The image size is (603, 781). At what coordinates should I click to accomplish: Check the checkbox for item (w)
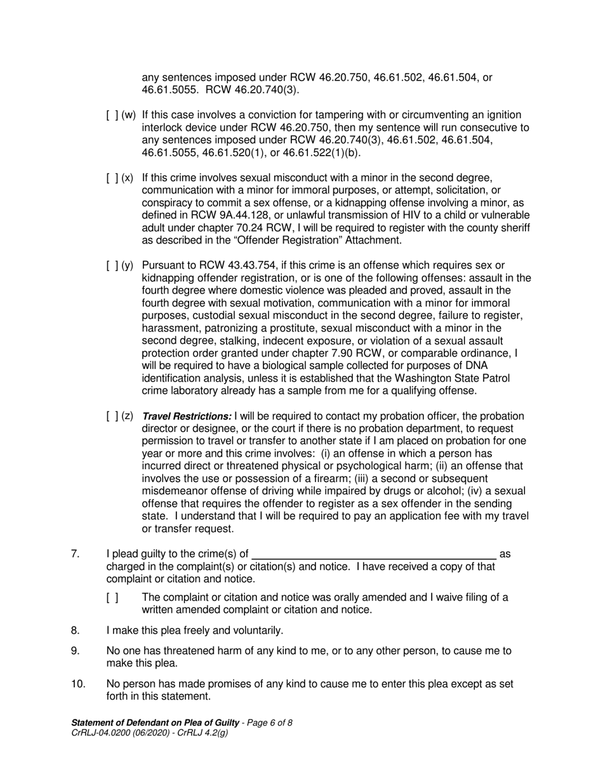(x=112, y=115)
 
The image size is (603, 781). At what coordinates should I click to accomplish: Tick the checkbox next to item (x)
(x=112, y=177)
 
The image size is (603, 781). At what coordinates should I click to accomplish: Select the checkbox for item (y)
(x=112, y=265)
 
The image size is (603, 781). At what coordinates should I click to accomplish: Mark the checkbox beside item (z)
(x=112, y=417)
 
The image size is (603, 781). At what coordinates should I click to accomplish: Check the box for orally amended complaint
(x=112, y=597)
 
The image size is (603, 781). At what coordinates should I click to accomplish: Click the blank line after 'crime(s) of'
(x=374, y=554)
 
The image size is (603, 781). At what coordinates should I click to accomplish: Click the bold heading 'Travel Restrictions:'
(x=187, y=417)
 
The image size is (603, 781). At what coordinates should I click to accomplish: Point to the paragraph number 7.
(x=75, y=554)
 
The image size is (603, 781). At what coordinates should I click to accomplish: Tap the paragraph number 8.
(x=75, y=631)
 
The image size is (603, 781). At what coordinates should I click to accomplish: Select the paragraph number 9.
(x=75, y=651)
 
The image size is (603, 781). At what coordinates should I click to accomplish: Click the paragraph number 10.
(x=77, y=684)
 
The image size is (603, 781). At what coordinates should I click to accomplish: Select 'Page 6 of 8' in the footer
(x=268, y=723)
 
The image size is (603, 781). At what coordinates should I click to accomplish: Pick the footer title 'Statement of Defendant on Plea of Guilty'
(x=155, y=723)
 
